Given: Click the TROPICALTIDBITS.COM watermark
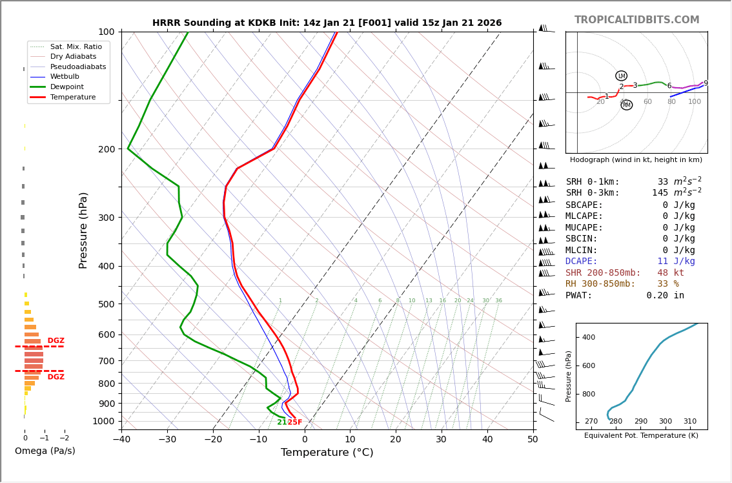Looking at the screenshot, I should [x=636, y=20].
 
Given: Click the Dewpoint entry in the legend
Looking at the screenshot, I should [x=67, y=87].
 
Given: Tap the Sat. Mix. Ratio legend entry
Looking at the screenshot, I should [x=76, y=46].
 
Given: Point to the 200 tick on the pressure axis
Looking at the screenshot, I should [x=107, y=149].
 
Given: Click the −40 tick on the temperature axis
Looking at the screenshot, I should [x=121, y=440].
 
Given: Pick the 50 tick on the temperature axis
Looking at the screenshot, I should [x=533, y=440].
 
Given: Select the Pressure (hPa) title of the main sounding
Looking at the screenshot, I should [x=84, y=230].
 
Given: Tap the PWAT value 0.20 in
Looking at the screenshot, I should [x=665, y=296].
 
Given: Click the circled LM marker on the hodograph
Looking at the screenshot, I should [x=622, y=76].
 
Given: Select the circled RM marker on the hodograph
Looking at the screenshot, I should [x=626, y=105].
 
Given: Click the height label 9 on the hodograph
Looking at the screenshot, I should [x=706, y=83].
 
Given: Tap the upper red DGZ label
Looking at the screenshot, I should [x=56, y=341].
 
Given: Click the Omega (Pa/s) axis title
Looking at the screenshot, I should [x=45, y=451].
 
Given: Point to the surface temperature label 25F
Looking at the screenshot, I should [x=295, y=422].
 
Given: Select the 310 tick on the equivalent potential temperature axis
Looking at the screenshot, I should [x=690, y=421].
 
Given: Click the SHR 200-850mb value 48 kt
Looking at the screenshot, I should [x=671, y=273].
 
